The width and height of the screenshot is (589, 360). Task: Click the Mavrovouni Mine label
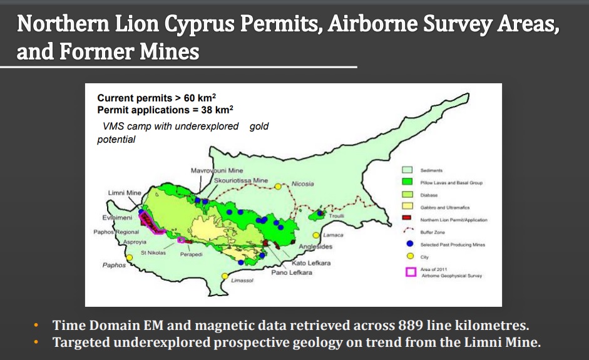tap(217, 170)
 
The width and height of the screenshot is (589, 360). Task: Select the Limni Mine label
tap(125, 192)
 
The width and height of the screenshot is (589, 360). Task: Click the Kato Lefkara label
tap(311, 263)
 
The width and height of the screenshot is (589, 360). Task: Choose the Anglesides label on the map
tap(315, 247)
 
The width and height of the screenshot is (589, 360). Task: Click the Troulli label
tap(337, 216)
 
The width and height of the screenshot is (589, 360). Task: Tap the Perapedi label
tap(192, 254)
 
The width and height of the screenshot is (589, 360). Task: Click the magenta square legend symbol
tap(411, 271)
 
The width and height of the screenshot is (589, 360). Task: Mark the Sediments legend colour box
tap(407, 170)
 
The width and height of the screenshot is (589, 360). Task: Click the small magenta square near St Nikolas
tap(182, 240)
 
